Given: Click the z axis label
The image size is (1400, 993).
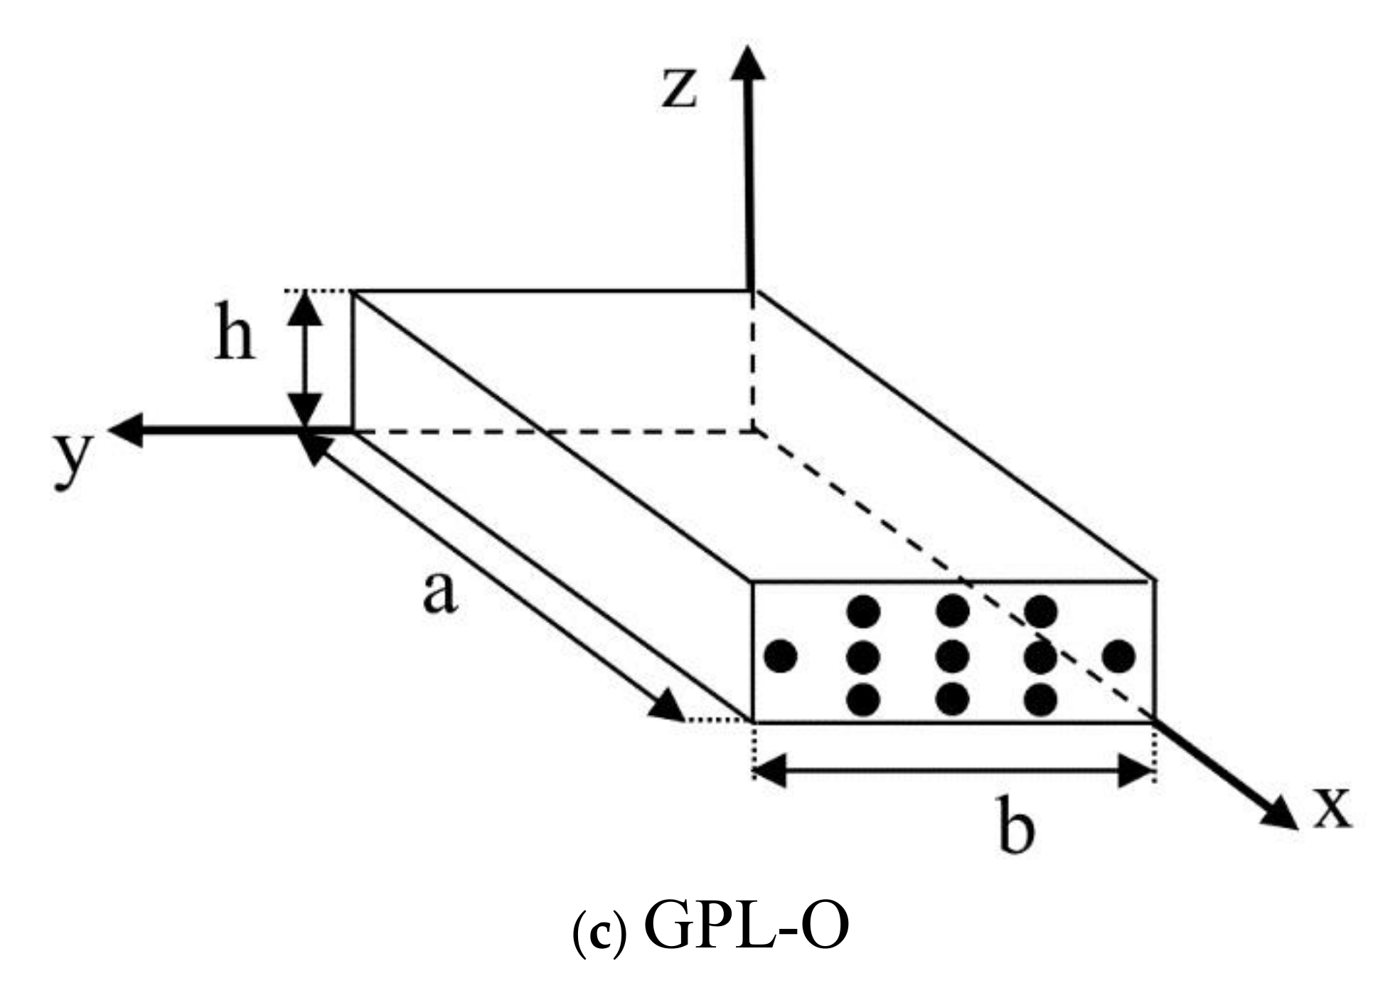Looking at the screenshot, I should [679, 90].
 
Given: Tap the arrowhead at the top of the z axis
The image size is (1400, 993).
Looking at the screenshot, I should [748, 63].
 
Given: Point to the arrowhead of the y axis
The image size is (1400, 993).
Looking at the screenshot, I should [127, 430].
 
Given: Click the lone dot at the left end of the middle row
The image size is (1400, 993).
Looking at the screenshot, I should [780, 656].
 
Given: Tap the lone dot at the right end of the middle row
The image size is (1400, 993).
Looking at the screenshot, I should [1119, 656].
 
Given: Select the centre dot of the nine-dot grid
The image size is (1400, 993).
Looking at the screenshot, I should [952, 656].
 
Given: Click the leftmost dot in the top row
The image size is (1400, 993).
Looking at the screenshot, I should [864, 611].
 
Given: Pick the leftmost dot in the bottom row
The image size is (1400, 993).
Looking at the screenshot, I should [864, 701].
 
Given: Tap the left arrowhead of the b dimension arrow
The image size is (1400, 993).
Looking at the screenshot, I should [769, 771].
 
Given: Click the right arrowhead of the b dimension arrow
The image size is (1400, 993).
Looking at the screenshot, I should [1136, 771].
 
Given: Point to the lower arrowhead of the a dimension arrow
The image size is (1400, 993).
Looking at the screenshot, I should [667, 707].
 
